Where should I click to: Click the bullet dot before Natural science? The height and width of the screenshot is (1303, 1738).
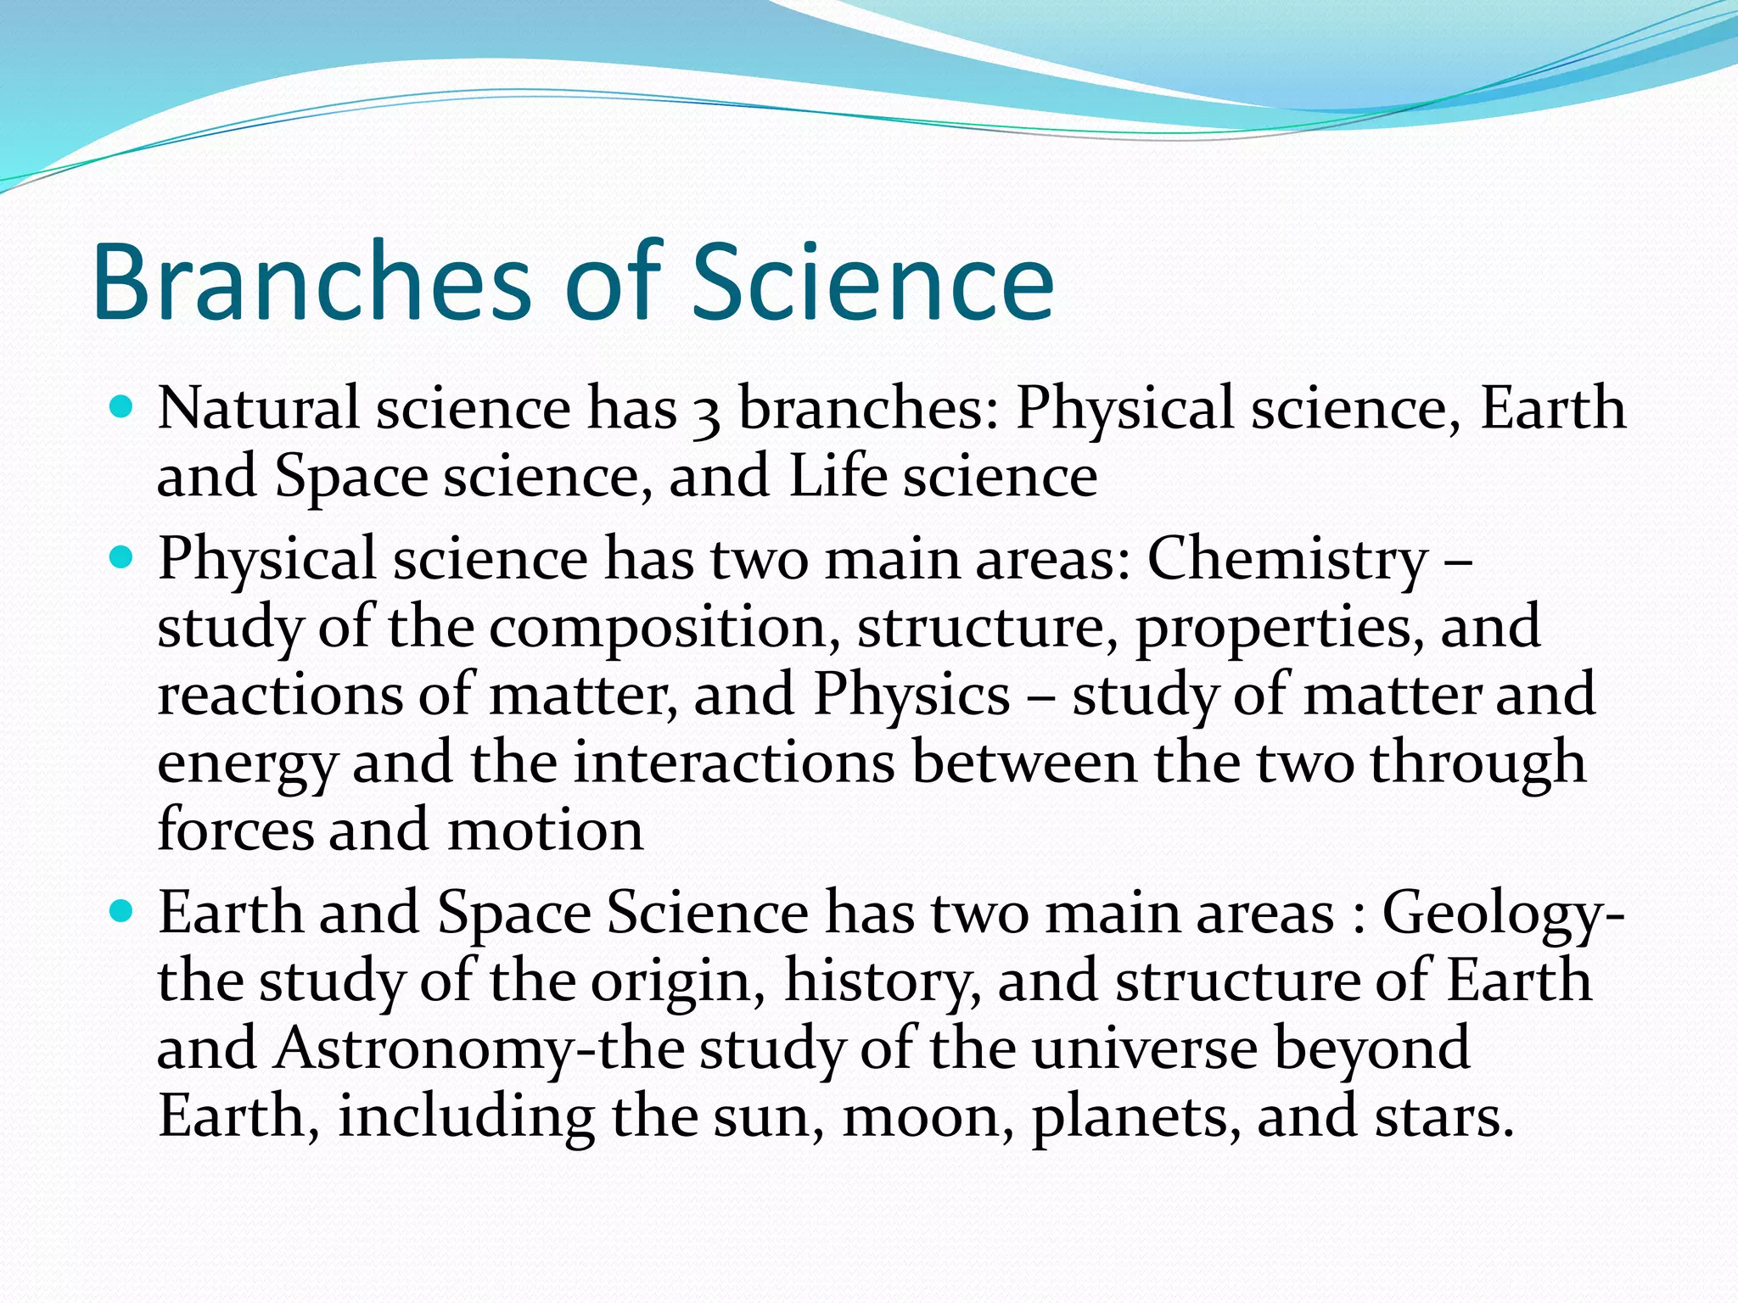(x=122, y=408)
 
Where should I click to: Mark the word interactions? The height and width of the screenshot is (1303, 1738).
(x=734, y=762)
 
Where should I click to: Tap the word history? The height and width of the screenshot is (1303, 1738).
(x=883, y=981)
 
